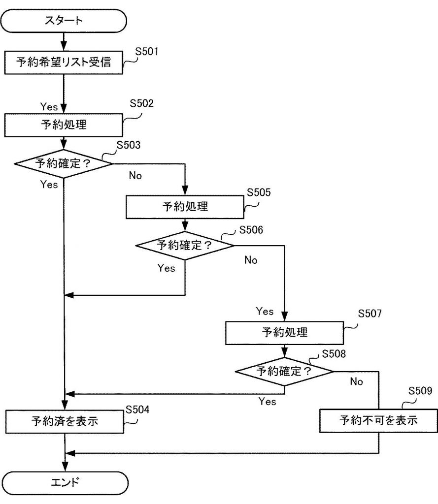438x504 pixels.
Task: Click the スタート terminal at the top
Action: pos(64,21)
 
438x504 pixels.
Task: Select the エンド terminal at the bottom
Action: pos(65,483)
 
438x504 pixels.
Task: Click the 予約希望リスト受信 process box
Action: pos(64,63)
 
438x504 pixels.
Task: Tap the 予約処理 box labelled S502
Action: pos(64,125)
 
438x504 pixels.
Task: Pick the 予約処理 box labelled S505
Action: pos(185,207)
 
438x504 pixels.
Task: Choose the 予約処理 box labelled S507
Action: pos(284,333)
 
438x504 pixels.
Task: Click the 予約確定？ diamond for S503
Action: pos(64,163)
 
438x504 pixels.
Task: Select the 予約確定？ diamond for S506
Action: pos(185,246)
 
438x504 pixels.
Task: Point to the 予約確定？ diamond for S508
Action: pos(284,372)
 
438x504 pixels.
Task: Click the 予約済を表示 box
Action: pos(65,421)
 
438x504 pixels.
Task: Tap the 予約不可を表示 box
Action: pos(378,420)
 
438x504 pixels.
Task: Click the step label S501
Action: pos(146,51)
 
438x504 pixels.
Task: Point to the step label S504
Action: pos(137,409)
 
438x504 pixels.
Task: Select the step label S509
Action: pos(420,390)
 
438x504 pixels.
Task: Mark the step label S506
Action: pos(251,230)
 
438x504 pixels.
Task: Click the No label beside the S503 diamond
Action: pos(135,176)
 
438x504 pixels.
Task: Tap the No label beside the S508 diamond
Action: pos(356,381)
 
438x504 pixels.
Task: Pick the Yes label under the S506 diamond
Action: pos(166,268)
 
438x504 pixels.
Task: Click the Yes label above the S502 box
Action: pos(49,107)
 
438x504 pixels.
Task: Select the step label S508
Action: pos(334,354)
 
